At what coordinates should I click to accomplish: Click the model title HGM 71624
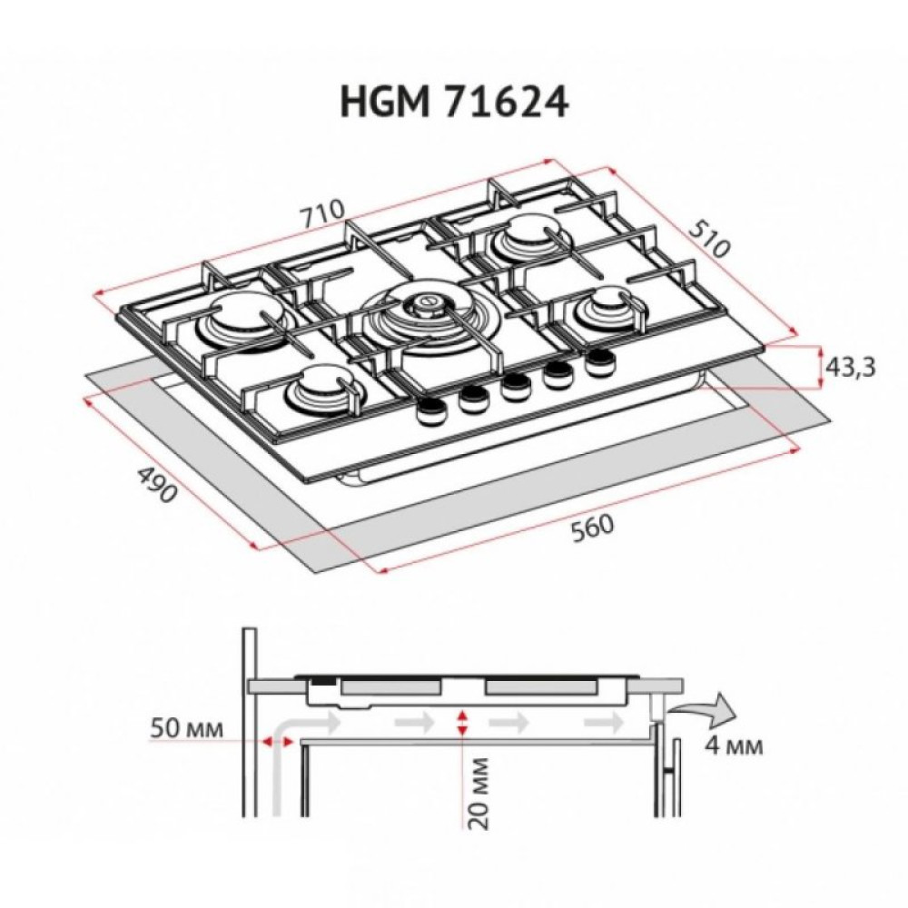click(x=454, y=102)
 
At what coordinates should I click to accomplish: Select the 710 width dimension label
click(x=324, y=214)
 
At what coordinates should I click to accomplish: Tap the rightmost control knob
click(x=598, y=362)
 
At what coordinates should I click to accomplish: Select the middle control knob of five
click(x=516, y=385)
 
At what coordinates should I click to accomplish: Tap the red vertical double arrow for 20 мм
click(x=463, y=723)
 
